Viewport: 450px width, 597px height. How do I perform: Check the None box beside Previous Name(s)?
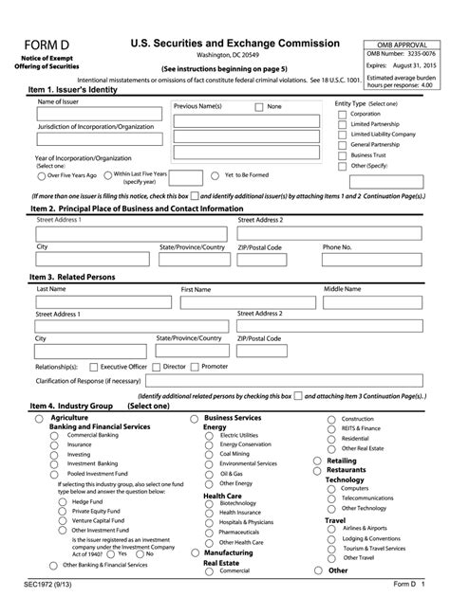click(x=258, y=107)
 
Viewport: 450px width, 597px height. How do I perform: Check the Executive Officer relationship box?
click(x=93, y=366)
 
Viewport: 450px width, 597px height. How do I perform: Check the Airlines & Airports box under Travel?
click(x=334, y=528)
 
